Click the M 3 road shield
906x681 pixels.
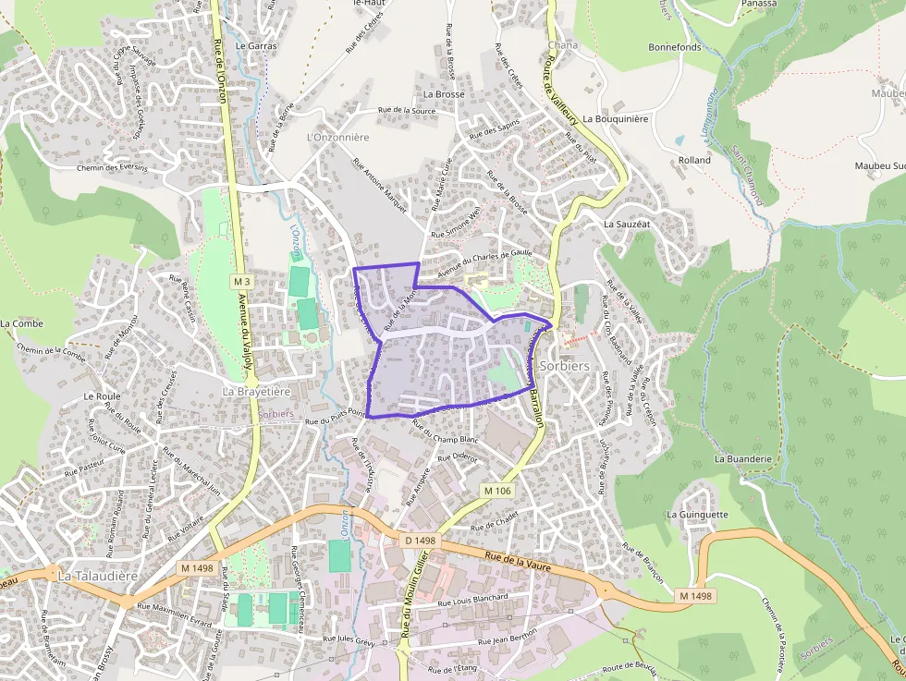point(242,281)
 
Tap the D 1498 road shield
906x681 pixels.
point(420,540)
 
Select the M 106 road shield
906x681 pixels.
point(496,491)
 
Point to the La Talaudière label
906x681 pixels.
point(97,575)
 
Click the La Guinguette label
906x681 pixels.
point(697,515)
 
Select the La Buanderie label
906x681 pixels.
point(742,457)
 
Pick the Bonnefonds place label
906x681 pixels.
point(675,47)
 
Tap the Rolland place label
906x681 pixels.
point(694,160)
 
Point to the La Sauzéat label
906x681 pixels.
point(628,224)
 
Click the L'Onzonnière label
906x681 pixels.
point(337,137)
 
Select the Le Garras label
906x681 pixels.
point(256,44)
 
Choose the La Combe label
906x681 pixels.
point(21,323)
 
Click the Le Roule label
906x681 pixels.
point(101,395)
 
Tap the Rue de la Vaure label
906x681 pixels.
point(518,560)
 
